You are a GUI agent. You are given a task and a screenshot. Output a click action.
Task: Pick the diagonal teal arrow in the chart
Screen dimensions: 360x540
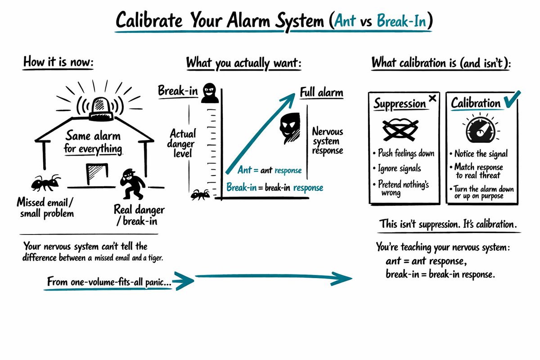(259, 135)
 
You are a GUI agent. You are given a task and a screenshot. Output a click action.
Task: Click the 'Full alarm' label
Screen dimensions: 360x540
(321, 93)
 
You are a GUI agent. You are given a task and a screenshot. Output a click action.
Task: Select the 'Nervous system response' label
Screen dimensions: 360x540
(327, 141)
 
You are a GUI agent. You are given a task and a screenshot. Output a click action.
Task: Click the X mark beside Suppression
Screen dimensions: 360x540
(433, 98)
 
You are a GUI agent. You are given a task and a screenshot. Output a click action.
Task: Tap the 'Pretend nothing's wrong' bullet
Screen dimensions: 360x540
(403, 189)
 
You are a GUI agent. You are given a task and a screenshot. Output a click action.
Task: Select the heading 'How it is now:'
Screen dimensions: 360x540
(58, 63)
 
